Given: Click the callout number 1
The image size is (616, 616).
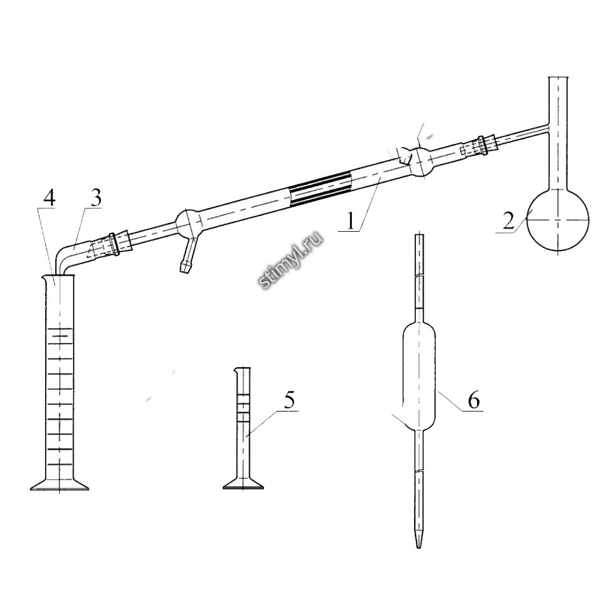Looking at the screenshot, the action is pyautogui.click(x=351, y=221).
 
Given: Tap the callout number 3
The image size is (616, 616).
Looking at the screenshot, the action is pyautogui.click(x=95, y=198).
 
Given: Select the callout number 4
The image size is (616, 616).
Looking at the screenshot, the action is pyautogui.click(x=49, y=198).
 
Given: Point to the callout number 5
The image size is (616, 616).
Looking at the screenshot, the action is pyautogui.click(x=289, y=400).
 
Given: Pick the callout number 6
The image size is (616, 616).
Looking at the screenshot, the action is pyautogui.click(x=474, y=400).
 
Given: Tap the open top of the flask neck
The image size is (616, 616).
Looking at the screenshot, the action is pyautogui.click(x=558, y=77).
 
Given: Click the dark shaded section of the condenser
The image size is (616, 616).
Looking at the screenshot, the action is pyautogui.click(x=320, y=189).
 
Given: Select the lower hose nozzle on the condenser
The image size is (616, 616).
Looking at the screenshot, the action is pyautogui.click(x=187, y=255).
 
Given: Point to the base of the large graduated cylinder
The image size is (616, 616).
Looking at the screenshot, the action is pyautogui.click(x=59, y=485).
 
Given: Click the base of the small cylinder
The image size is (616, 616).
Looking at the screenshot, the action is pyautogui.click(x=243, y=483).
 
